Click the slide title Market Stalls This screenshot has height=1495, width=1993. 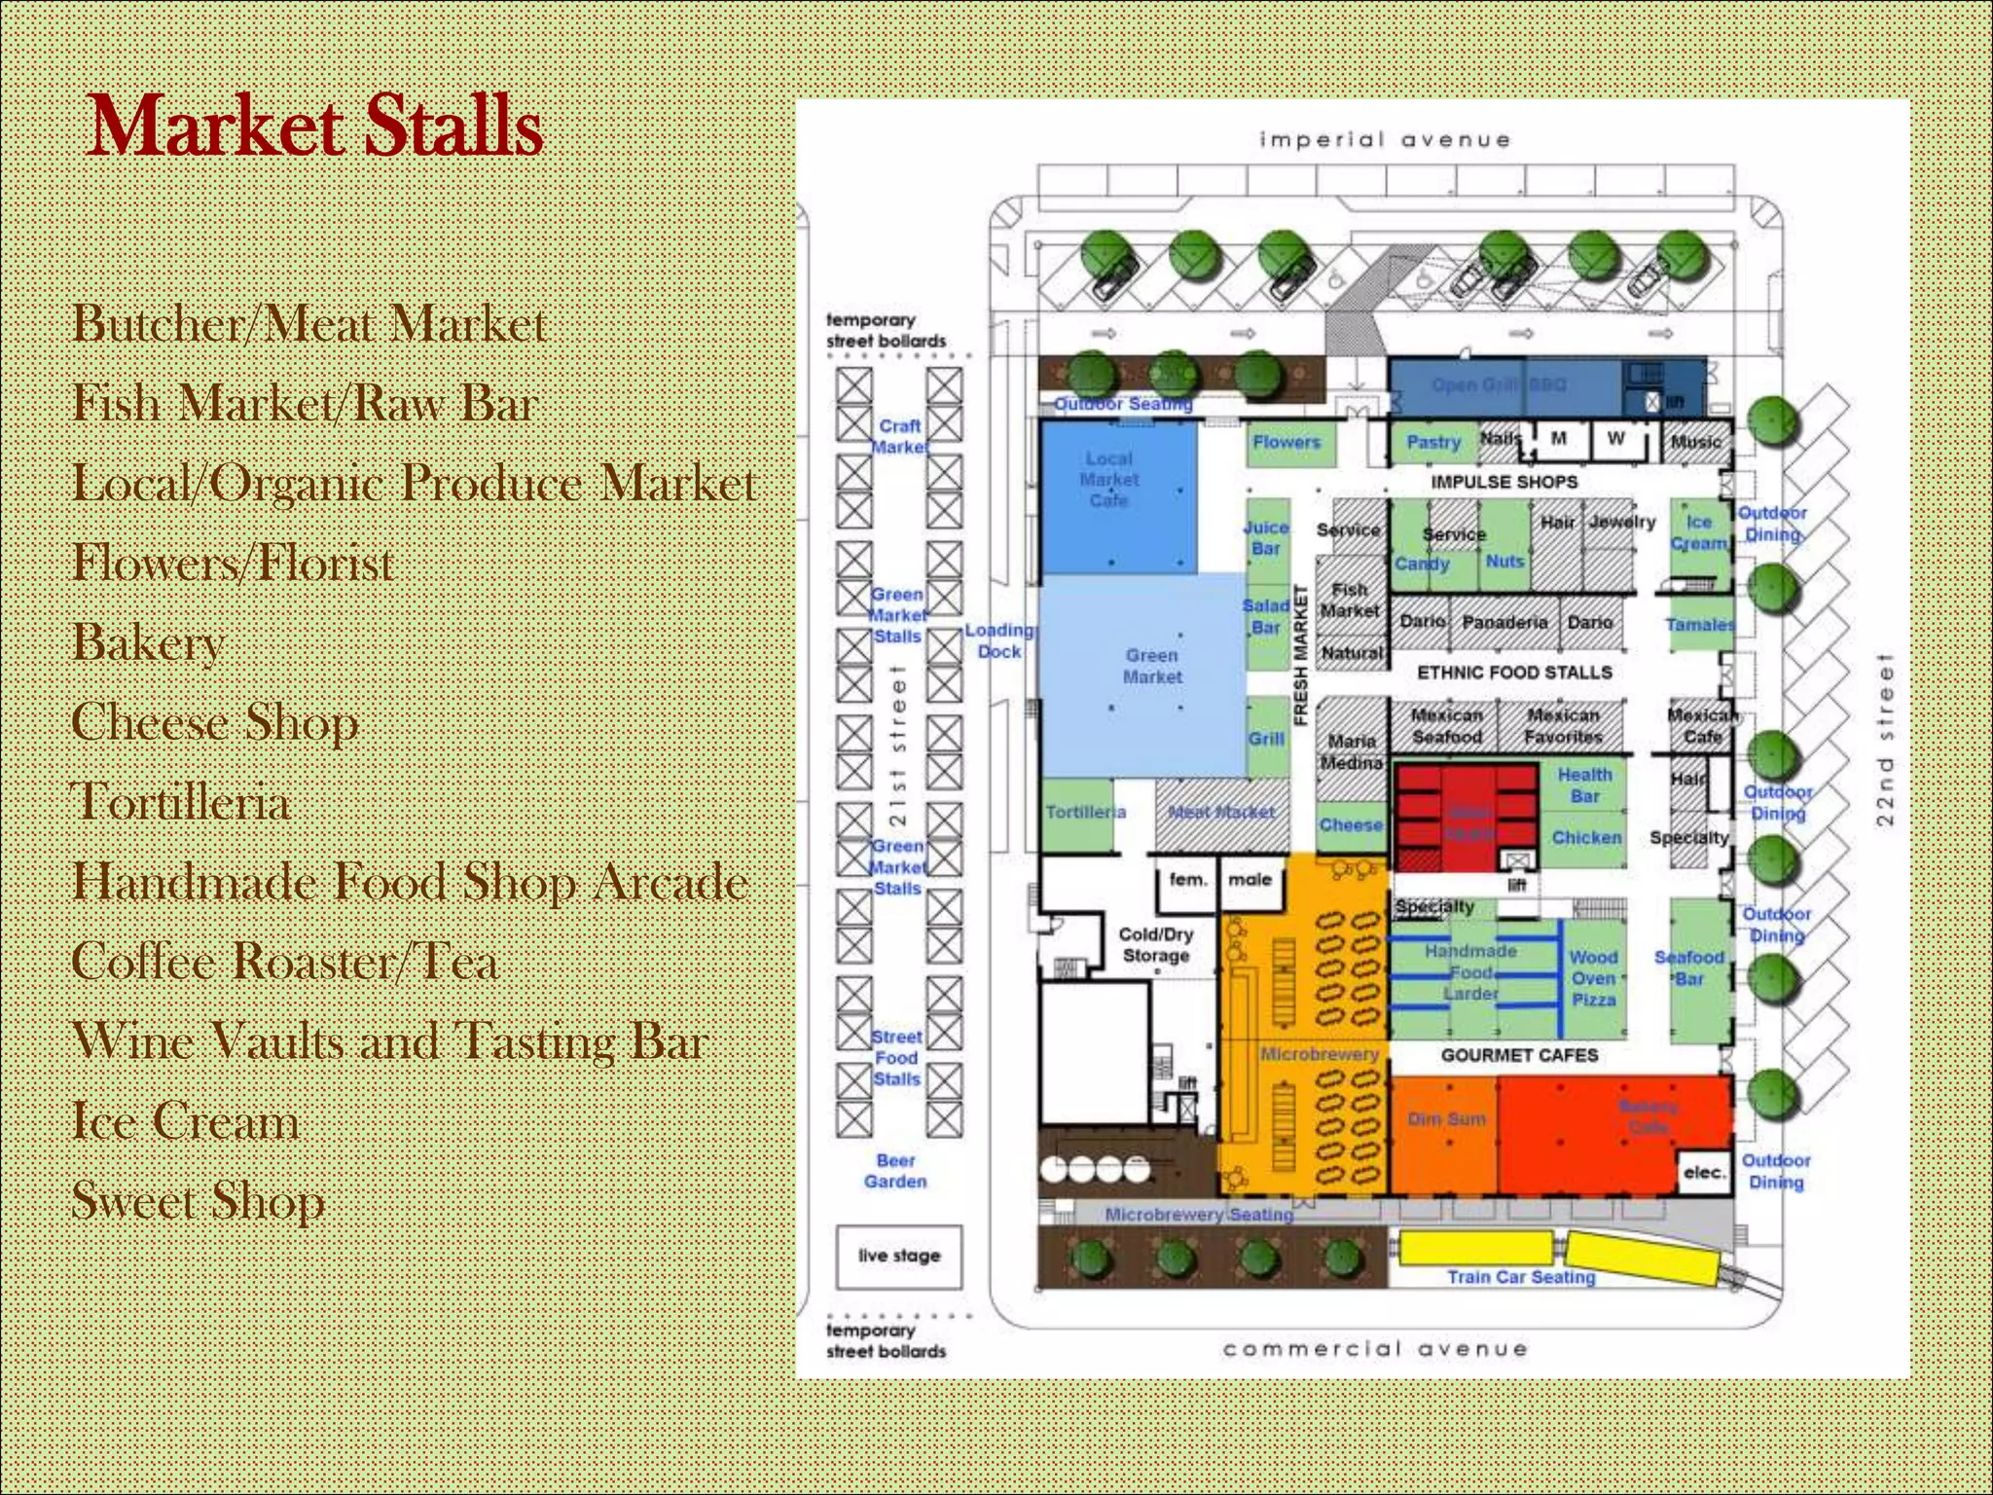(x=313, y=127)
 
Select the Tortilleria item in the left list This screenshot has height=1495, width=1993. (x=181, y=802)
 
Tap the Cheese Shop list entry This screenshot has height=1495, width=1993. (x=215, y=722)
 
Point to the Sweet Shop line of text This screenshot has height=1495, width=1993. (x=198, y=1200)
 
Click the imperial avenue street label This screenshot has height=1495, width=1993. (x=1384, y=140)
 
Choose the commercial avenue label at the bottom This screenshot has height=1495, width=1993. (x=1375, y=1349)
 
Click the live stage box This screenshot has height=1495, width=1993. (x=899, y=1257)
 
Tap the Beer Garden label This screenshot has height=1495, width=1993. (x=895, y=1171)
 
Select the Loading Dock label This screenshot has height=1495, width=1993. (x=999, y=640)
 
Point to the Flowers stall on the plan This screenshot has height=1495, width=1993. (x=1286, y=443)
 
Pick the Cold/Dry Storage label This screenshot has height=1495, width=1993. (x=1156, y=944)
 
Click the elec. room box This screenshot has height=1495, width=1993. (x=1704, y=1173)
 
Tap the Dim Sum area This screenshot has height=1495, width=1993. (x=1446, y=1119)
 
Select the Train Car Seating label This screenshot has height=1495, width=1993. (x=1521, y=1277)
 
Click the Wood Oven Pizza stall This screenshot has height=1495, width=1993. (x=1593, y=977)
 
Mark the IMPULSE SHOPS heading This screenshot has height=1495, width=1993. (x=1504, y=482)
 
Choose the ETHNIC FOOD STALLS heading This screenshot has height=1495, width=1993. (x=1514, y=673)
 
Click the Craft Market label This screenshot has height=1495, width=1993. (x=899, y=436)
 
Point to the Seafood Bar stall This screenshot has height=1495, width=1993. (x=1689, y=967)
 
